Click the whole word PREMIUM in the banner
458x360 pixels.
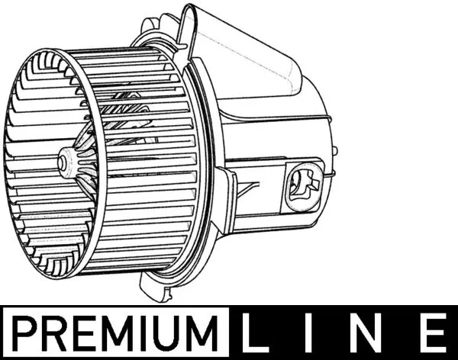[x=114, y=333]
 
